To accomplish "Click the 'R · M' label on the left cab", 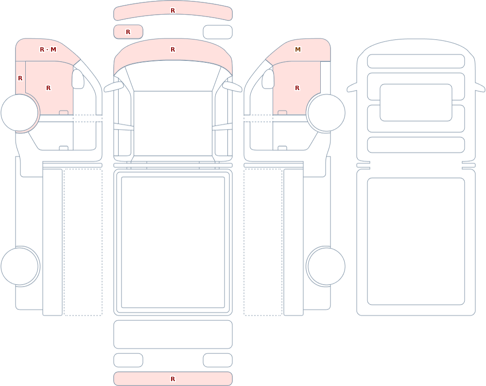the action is coord(48,49).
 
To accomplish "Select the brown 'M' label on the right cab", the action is coord(298,49).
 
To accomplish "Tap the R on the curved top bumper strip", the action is coord(173,11).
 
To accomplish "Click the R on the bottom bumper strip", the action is coord(173,379).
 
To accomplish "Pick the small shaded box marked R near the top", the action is coord(128,32).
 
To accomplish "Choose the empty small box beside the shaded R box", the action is coord(218,32).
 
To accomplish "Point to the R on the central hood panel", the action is coord(173,49).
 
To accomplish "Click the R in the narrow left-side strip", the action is coord(20,78).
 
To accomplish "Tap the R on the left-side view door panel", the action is coord(48,88).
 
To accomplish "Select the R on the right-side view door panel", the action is coord(297,88).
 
